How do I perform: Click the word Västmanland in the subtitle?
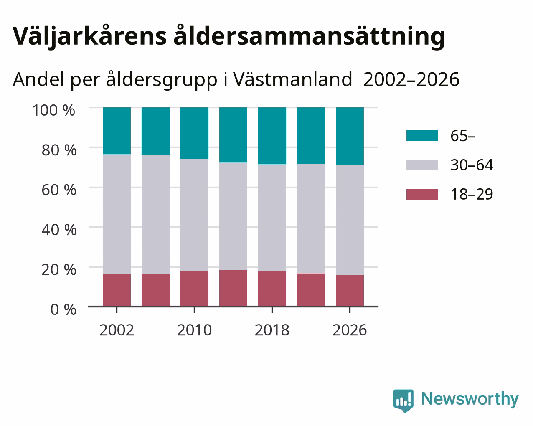tap(293, 79)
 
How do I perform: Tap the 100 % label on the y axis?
tap(53, 110)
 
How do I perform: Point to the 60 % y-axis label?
tap(59, 190)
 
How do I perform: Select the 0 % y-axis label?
tap(63, 309)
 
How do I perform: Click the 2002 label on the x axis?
tap(117, 330)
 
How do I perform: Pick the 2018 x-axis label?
tap(272, 330)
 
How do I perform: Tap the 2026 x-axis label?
tap(350, 330)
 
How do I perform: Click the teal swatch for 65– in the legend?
tap(422, 136)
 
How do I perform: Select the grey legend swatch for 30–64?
tap(422, 165)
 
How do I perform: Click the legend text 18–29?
tap(472, 194)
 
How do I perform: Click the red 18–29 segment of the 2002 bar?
tap(117, 290)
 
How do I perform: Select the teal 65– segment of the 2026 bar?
tap(350, 136)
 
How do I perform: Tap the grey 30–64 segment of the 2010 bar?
tap(194, 215)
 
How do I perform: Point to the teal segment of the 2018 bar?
tap(272, 136)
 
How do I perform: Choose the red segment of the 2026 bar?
tap(350, 291)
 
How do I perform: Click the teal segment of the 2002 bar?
tap(117, 131)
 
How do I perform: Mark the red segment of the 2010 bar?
tap(194, 289)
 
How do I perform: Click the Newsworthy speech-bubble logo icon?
tap(403, 401)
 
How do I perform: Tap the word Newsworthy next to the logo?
tap(470, 399)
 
